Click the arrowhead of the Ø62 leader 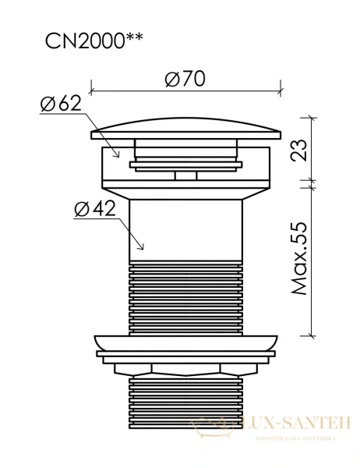(118, 157)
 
